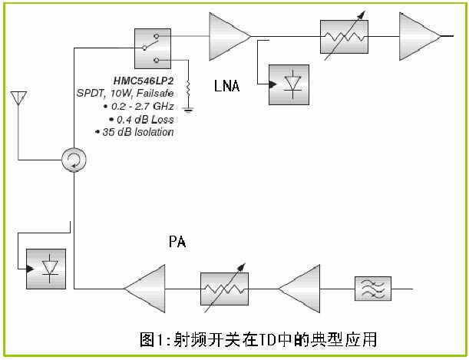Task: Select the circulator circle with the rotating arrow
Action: coord(74,160)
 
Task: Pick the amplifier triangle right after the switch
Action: coord(229,36)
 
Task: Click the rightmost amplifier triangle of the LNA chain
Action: coord(418,36)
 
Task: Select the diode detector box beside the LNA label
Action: coord(289,84)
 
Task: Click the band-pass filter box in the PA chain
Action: coord(372,289)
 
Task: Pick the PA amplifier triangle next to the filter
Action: coord(298,289)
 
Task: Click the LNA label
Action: coord(226,87)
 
